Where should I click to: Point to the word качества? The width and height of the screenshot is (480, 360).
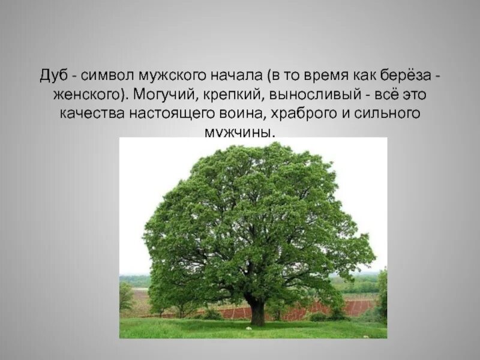tap(89, 114)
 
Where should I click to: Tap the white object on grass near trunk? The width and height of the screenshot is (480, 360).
tap(247, 328)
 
